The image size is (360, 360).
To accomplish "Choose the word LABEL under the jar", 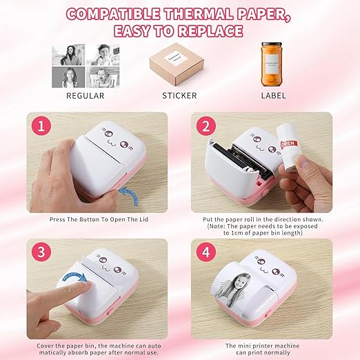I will point(272,94).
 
